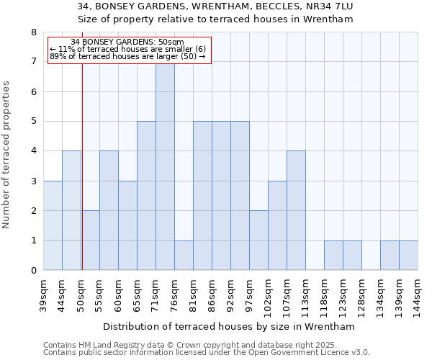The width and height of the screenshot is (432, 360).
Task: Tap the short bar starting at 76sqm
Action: pos(184,256)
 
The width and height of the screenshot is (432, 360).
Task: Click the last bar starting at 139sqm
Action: pos(408,256)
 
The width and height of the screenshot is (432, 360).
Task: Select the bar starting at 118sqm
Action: pos(333,256)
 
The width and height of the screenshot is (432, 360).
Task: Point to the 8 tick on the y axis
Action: pos(33,32)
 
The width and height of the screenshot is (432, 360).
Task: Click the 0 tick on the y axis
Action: pos(33,271)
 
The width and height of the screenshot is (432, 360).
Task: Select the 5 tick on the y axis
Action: pos(33,122)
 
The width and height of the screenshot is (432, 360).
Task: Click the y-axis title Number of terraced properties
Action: pos(7,155)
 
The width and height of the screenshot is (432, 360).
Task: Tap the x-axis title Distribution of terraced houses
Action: pos(230,326)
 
